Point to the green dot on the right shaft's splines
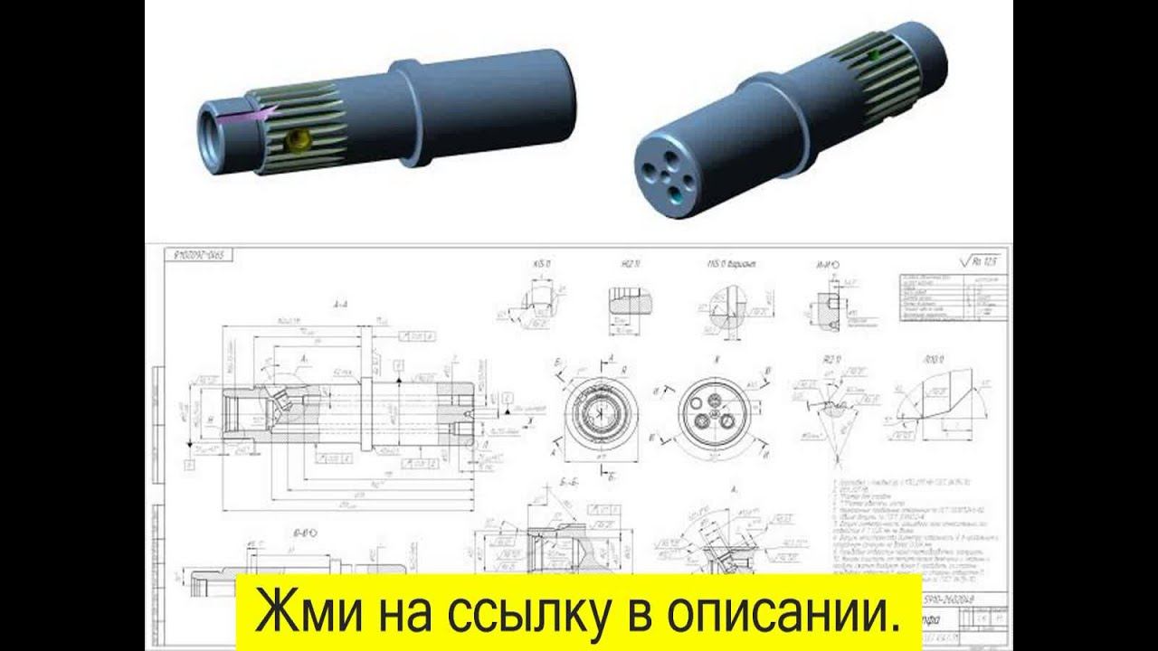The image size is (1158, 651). pyautogui.click(x=873, y=55)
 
